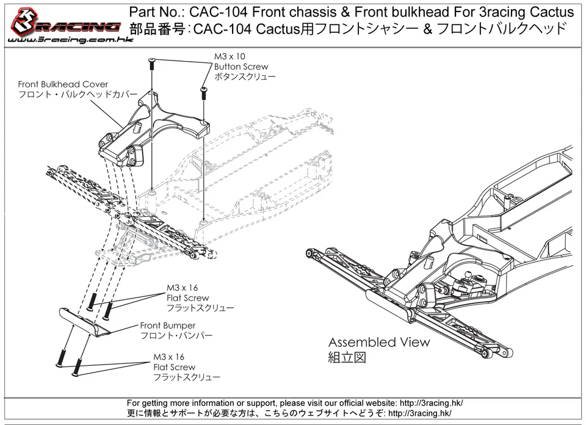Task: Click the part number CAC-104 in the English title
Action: click(219, 12)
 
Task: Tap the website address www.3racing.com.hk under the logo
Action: click(70, 40)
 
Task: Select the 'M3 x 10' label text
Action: click(230, 56)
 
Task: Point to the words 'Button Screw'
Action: click(241, 67)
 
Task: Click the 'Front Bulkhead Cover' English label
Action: click(63, 84)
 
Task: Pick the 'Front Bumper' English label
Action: click(168, 325)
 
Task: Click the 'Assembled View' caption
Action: click(379, 342)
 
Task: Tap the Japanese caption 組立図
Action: click(347, 358)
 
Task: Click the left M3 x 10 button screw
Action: click(152, 64)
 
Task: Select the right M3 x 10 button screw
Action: click(204, 93)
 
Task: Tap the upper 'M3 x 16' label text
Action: click(183, 288)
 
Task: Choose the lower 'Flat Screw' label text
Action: click(175, 367)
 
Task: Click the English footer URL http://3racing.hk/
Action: click(432, 403)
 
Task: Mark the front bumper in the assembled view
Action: click(392, 305)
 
